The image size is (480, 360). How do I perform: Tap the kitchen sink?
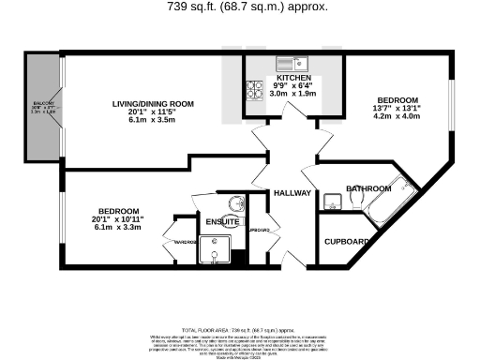click(x=293, y=63)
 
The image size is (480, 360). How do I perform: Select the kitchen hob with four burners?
click(x=254, y=90)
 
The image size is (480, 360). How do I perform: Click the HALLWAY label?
click(x=292, y=193)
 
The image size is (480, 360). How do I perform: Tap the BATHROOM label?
click(x=368, y=189)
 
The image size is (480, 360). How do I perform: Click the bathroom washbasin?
click(x=333, y=202)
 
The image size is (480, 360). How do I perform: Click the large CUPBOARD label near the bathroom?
click(x=347, y=241)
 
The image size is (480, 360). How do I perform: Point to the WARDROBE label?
click(x=182, y=241)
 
